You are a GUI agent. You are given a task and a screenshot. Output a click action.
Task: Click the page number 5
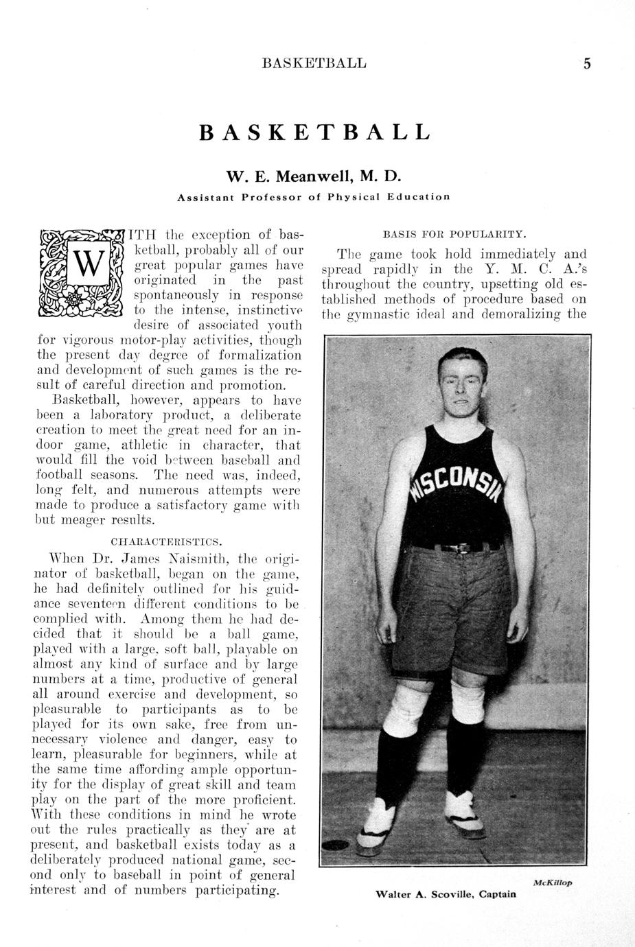click(x=587, y=64)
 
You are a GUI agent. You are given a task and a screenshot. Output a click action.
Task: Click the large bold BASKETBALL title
click(x=314, y=132)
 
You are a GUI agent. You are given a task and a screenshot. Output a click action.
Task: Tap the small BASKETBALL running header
click(x=314, y=64)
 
